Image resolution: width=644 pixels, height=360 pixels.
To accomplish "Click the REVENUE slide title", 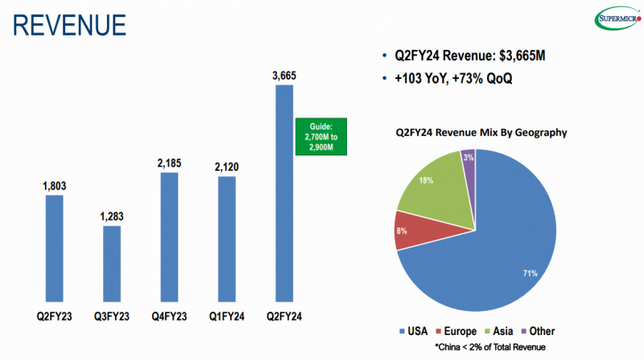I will click(68, 24).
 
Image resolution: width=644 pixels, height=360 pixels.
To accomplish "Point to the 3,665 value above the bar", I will click(285, 76).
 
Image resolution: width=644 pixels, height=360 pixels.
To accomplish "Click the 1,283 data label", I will click(112, 217).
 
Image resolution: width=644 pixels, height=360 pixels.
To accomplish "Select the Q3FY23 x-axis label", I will click(112, 316).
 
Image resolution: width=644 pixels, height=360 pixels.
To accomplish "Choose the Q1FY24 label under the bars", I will click(227, 316).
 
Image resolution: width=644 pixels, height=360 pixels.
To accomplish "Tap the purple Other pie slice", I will click(469, 165).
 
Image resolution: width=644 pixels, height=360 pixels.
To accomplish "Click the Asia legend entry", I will click(495, 331).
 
